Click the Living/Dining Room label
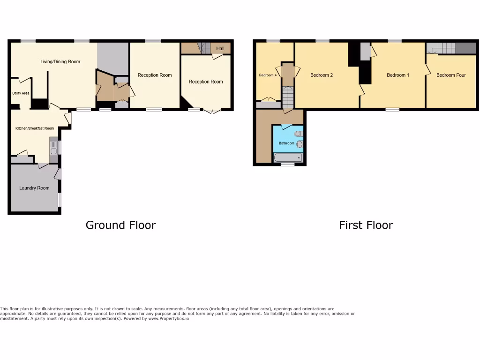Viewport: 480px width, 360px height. click(x=60, y=61)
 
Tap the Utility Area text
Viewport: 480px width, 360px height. click(x=21, y=93)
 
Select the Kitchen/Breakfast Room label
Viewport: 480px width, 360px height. click(x=35, y=128)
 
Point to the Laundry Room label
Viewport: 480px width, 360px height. click(x=34, y=188)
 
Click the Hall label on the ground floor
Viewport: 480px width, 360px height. click(x=220, y=48)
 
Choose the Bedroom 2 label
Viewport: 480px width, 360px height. click(x=322, y=75)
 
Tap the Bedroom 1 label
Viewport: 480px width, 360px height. click(x=398, y=75)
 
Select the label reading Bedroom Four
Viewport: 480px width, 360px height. click(x=451, y=75)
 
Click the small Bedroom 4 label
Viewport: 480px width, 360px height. click(x=268, y=75)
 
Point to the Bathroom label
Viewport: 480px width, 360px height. click(x=286, y=143)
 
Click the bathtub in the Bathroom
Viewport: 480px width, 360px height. click(x=288, y=157)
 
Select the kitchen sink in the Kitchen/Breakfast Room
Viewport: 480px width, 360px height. click(x=53, y=148)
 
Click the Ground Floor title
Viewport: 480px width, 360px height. click(x=120, y=225)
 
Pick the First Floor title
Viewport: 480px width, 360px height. click(x=366, y=225)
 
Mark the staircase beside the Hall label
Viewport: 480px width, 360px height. click(x=203, y=47)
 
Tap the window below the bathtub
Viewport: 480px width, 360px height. click(x=287, y=165)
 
